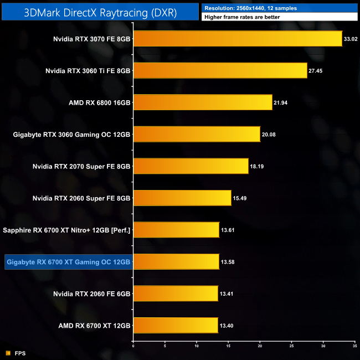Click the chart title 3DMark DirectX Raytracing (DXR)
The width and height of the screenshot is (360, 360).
tap(100, 13)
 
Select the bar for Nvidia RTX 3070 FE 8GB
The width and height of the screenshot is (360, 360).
tap(238, 39)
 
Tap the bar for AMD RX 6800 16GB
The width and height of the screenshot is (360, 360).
tap(203, 102)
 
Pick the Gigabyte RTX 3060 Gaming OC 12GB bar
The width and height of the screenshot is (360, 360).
tap(197, 134)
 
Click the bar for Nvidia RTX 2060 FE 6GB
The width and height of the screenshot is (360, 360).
tap(176, 294)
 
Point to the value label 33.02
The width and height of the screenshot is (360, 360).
tap(351, 39)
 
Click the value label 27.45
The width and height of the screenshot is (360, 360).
tap(316, 71)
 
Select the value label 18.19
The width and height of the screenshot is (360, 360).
tap(257, 166)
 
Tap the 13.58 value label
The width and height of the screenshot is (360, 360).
tap(228, 262)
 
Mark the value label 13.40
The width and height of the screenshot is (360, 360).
tap(227, 326)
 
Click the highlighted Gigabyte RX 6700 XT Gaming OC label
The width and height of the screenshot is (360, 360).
tap(68, 262)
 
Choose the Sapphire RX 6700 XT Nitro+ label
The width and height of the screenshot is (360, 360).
tap(66, 230)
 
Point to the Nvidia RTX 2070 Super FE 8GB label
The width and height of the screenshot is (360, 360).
tap(81, 166)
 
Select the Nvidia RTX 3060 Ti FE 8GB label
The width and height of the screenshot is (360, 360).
tap(88, 71)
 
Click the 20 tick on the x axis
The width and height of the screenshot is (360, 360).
tap(260, 346)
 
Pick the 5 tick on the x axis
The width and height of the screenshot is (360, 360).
tap(165, 346)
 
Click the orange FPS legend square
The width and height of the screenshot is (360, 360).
tap(8, 353)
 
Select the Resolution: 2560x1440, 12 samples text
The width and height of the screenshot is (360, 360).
tap(246, 8)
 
